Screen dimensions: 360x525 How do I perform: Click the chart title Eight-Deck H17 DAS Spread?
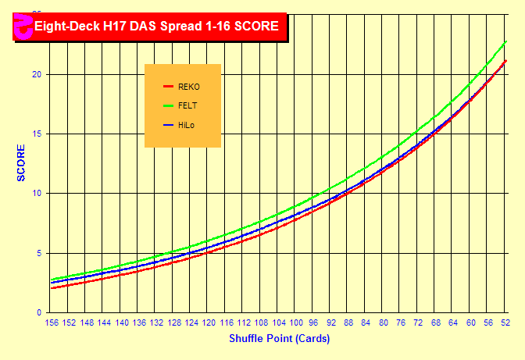coord(156,26)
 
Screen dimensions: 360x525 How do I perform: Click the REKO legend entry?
coord(189,87)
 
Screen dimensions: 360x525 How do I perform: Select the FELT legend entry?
coord(187,105)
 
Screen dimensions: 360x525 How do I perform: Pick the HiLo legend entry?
coord(186,125)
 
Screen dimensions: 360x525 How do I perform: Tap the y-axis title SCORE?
coord(21,162)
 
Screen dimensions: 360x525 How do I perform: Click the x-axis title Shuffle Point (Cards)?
coord(279,339)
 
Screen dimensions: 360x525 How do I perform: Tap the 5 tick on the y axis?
coord(39,253)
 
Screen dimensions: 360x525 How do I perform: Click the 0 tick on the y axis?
coord(39,312)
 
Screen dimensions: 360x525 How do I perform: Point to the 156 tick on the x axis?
coord(52,323)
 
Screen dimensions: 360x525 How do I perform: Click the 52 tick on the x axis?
coord(505,323)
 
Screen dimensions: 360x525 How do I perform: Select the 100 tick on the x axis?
coord(296,323)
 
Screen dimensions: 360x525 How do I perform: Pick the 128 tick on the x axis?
coord(173,323)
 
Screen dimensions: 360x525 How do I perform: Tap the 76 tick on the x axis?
coord(401,323)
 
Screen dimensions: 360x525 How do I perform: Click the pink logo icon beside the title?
coord(21,26)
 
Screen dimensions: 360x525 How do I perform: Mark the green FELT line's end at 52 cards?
coord(506,41)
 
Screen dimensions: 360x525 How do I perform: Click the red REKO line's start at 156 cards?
coord(52,288)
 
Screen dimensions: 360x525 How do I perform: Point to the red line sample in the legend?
coord(167,87)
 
